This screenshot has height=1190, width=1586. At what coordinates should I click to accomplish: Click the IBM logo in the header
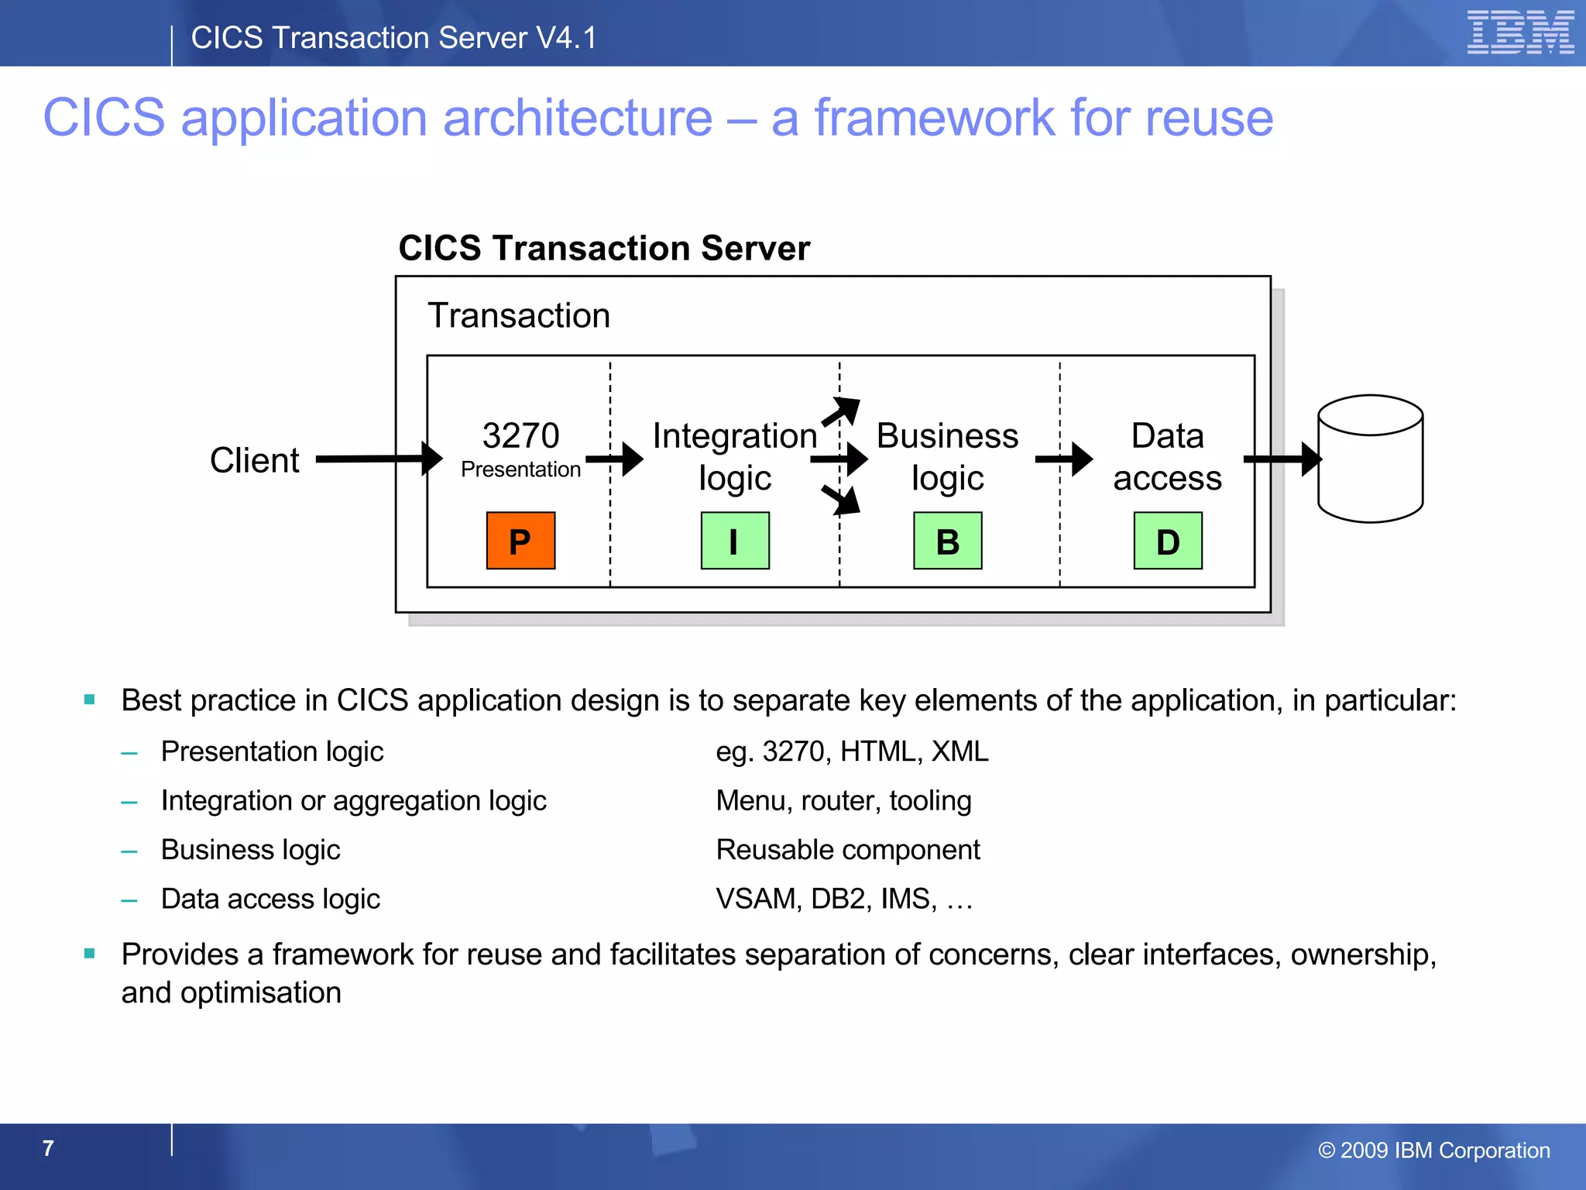[x=1520, y=33]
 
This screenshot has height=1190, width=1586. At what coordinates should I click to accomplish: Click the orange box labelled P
[x=520, y=541]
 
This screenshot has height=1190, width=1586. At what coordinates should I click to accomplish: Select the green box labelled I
[x=735, y=541]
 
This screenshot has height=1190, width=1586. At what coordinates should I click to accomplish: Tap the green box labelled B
[x=947, y=541]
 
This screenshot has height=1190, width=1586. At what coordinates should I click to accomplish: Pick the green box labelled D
[x=1168, y=541]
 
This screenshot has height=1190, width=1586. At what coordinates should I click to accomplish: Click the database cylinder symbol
[x=1370, y=459]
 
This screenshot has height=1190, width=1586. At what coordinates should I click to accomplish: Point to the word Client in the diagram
[x=254, y=460]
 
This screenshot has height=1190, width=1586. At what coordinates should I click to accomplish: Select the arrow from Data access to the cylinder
[x=1281, y=459]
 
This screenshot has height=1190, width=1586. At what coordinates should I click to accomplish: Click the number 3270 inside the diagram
[x=520, y=435]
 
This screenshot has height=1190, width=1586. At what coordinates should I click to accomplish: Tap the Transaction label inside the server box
[x=519, y=315]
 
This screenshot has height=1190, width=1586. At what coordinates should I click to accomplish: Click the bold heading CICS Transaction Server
[x=604, y=249]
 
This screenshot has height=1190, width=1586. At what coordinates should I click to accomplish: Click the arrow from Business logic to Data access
[x=1064, y=459]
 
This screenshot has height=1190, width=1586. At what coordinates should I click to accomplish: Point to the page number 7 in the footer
[x=48, y=1148]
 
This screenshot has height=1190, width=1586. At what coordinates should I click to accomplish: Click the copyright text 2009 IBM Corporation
[x=1434, y=1150]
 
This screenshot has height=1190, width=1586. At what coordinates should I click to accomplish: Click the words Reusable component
[x=848, y=850]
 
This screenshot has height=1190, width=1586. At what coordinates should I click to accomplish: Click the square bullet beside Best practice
[x=90, y=700]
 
